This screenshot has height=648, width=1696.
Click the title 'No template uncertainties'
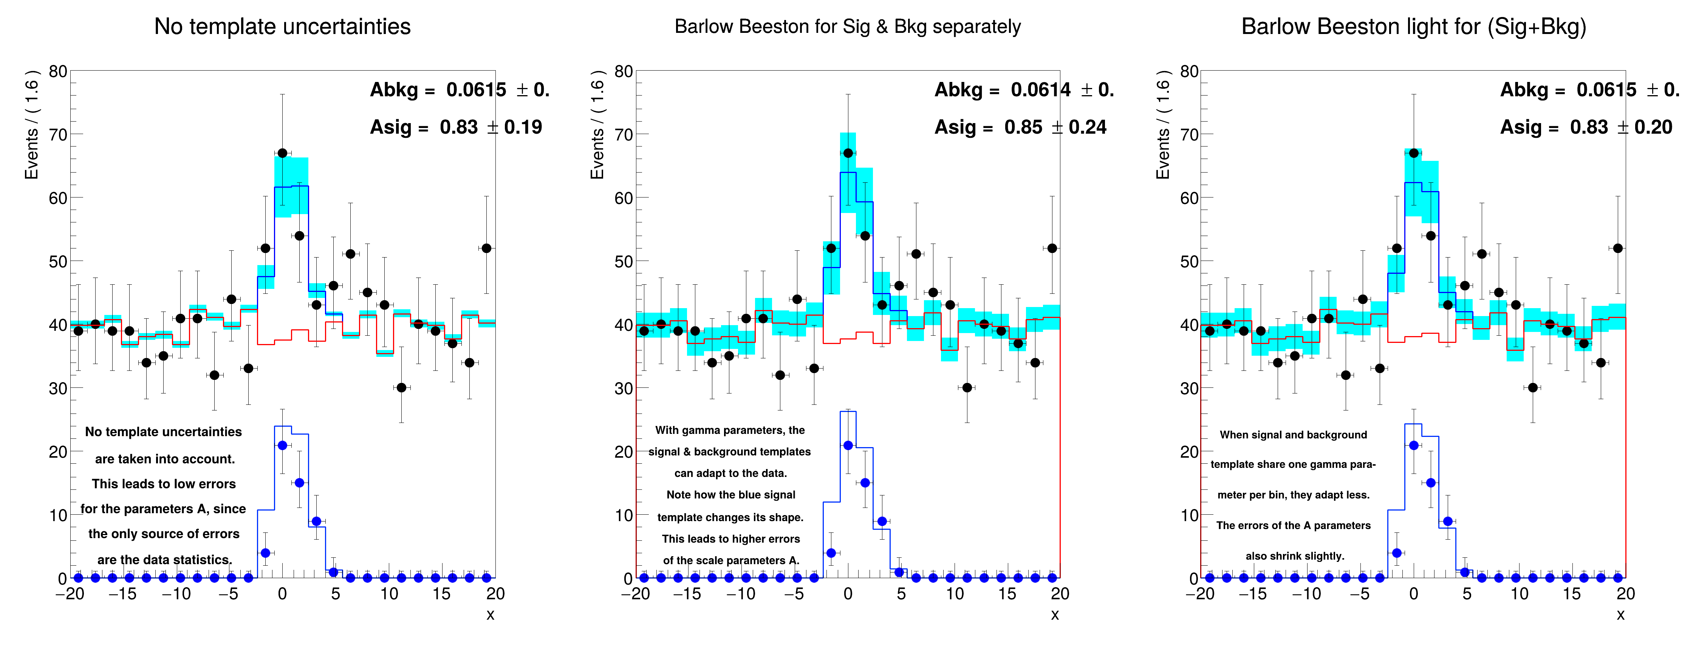(x=282, y=27)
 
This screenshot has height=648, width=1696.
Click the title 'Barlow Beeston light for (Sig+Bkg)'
(x=1414, y=27)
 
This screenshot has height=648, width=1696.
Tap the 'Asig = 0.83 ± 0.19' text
(x=456, y=127)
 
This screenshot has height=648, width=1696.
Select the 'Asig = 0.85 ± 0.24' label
(x=1020, y=127)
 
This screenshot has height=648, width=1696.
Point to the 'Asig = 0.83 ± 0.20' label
(x=1586, y=127)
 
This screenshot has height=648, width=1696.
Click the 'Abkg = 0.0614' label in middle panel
(x=1003, y=89)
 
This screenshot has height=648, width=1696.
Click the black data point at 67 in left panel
(x=282, y=153)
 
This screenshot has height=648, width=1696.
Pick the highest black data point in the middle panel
(x=848, y=153)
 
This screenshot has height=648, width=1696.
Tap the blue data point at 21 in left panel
(x=282, y=445)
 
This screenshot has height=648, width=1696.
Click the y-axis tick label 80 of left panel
(x=58, y=71)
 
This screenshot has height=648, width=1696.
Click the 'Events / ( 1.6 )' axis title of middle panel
(x=597, y=125)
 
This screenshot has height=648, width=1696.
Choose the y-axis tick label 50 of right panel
(x=1189, y=262)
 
